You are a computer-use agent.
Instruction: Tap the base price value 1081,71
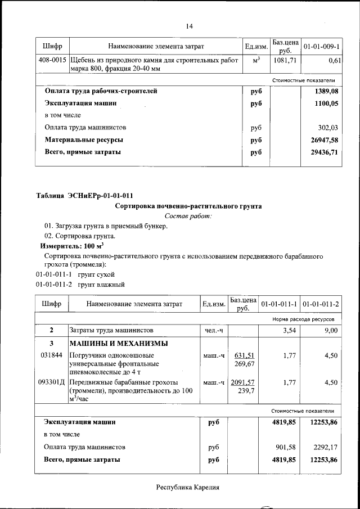coord(285,60)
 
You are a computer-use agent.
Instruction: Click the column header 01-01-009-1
coord(322,46)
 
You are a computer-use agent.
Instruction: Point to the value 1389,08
coord(327,91)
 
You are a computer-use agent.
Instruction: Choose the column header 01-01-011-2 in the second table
coord(321,304)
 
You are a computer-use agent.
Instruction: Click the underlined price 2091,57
coord(242,382)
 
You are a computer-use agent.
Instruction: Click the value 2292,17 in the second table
coord(326,447)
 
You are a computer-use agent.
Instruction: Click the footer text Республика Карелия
coord(187,488)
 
